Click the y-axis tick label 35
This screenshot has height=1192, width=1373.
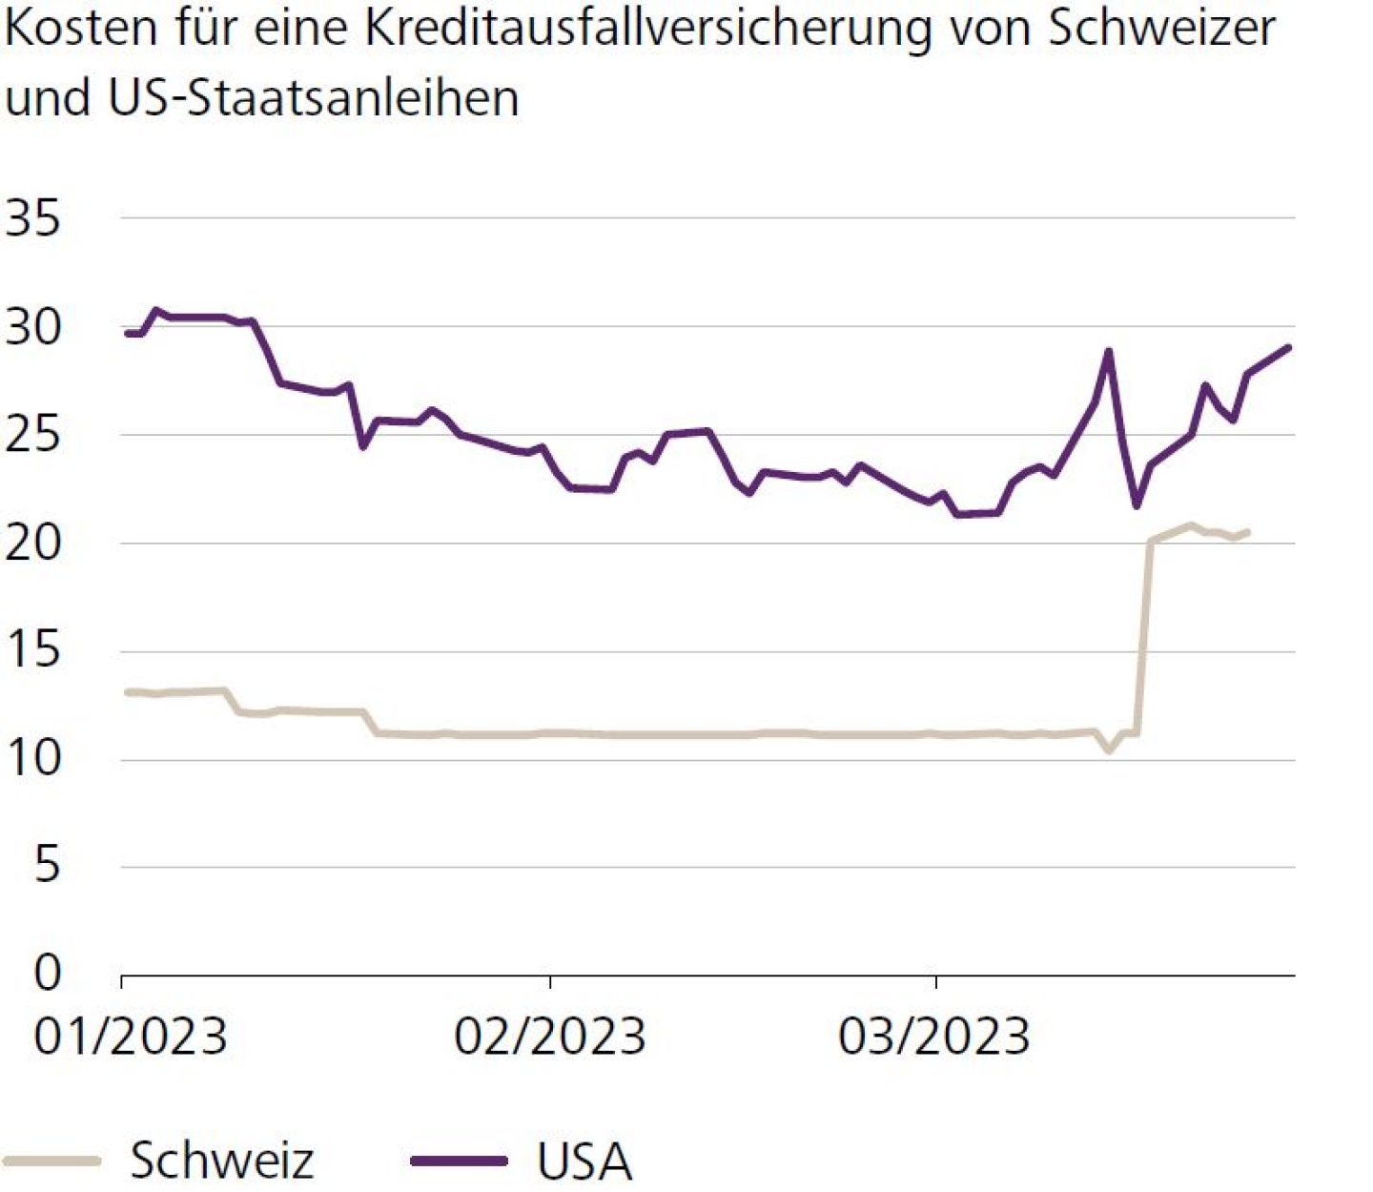(32, 218)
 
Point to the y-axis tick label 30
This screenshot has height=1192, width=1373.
(32, 327)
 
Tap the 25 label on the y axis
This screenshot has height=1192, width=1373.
(32, 435)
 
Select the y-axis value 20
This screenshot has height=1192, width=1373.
(32, 544)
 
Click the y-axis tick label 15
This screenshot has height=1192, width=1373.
(32, 651)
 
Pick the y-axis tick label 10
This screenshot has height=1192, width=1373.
(32, 759)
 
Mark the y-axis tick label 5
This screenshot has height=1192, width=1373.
(46, 866)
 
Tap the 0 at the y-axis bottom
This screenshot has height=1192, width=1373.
(47, 973)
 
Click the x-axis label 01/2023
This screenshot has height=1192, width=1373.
(131, 1037)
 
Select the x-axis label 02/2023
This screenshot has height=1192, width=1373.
(550, 1037)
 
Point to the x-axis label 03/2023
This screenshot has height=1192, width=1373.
(934, 1037)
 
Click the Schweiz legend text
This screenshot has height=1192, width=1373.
(221, 1161)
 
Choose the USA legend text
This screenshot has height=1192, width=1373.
(584, 1161)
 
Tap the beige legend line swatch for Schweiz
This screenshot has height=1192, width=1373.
(52, 1161)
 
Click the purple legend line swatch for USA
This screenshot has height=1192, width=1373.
(459, 1161)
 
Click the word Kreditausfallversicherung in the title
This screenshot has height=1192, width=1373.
(648, 29)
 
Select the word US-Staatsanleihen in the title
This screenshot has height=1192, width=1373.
(315, 97)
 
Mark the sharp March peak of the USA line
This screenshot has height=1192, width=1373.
(1108, 351)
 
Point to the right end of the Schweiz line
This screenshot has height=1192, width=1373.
(1247, 532)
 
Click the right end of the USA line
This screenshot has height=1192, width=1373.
(1289, 348)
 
